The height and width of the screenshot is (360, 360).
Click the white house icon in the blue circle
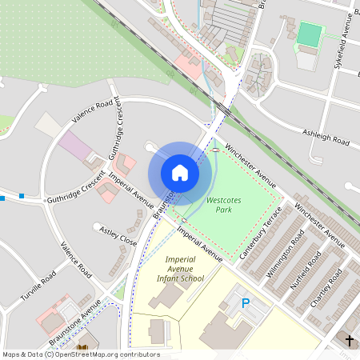coord(180,172)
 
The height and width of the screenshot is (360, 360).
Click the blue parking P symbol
coord(246,303)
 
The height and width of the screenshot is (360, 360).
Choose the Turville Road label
coord(38,292)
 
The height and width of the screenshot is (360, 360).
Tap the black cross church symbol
coord(348,341)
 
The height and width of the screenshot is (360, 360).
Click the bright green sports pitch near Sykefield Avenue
coord(308,34)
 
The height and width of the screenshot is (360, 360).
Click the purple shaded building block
coord(75,145)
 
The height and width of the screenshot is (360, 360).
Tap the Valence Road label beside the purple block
coord(92,110)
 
